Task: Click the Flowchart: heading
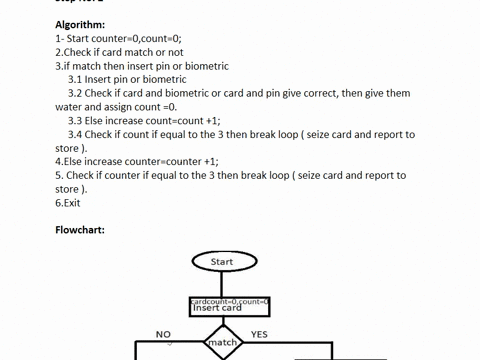pos(80,230)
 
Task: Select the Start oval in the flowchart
pos(222,262)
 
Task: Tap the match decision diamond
pos(222,343)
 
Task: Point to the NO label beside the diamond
pos(164,334)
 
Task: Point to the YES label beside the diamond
pos(259,334)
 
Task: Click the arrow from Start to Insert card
pos(222,285)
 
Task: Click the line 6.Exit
pos(67,203)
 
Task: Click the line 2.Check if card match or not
pos(119,52)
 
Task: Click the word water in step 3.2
pos(69,107)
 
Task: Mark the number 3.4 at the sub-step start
pos(75,135)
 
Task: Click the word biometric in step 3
pos(204,66)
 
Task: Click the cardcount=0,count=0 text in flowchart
pos(230,300)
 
